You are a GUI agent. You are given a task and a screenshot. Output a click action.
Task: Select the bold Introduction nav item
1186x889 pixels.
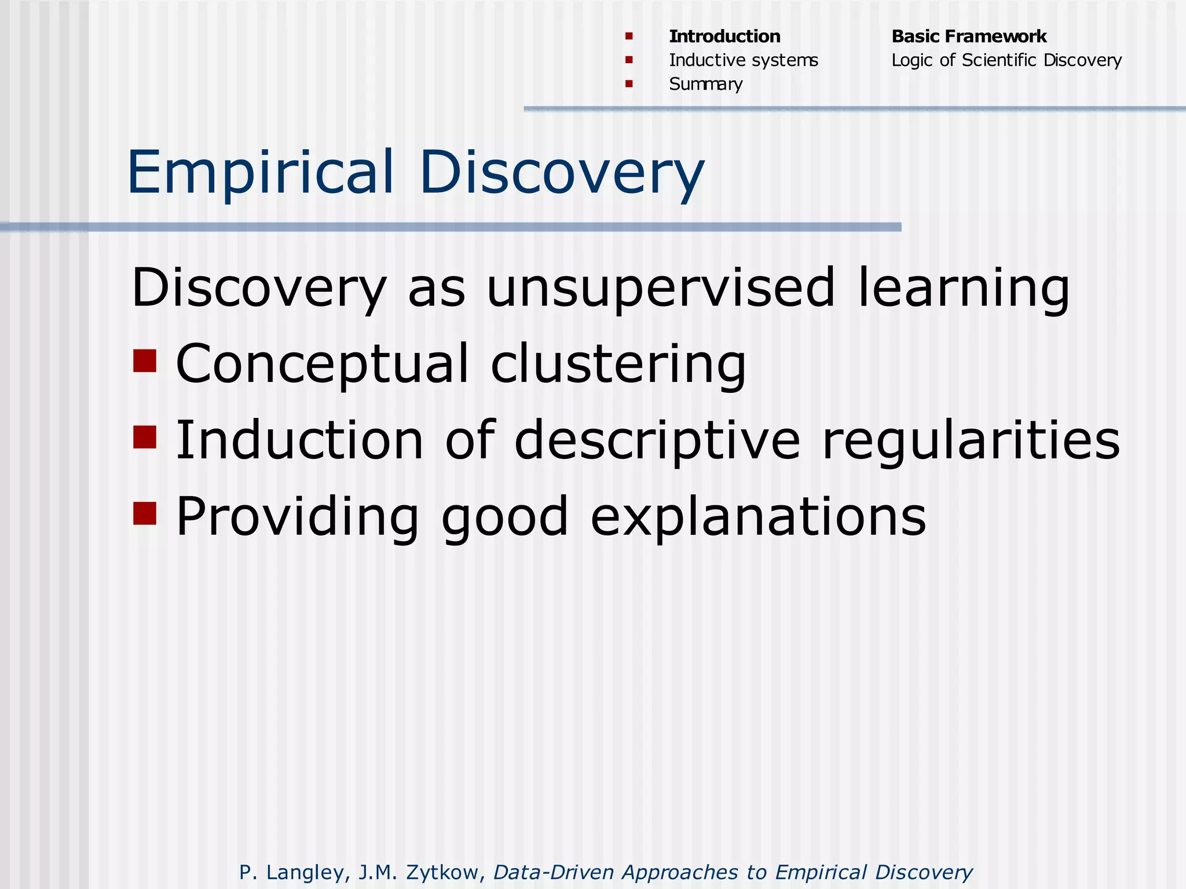pos(724,36)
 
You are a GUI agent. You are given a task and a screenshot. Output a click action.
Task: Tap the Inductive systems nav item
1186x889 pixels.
pos(744,60)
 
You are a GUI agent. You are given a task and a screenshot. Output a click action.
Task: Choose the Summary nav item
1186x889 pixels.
pos(705,85)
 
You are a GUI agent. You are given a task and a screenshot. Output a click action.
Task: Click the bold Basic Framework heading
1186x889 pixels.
pos(969,36)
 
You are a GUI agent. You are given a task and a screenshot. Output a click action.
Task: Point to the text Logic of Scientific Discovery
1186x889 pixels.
pos(1006,60)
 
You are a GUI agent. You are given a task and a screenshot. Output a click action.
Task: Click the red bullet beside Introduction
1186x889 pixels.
pos(629,36)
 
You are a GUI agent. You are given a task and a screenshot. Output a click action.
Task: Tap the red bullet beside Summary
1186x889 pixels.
pos(629,84)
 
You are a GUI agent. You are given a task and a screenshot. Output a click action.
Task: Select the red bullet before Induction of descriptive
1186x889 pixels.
pos(145,437)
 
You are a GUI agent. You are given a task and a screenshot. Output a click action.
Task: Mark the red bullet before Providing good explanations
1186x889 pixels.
pos(145,513)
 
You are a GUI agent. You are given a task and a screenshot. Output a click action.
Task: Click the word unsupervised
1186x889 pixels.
pos(661,288)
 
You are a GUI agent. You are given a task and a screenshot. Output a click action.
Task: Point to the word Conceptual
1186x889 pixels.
pos(322,365)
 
